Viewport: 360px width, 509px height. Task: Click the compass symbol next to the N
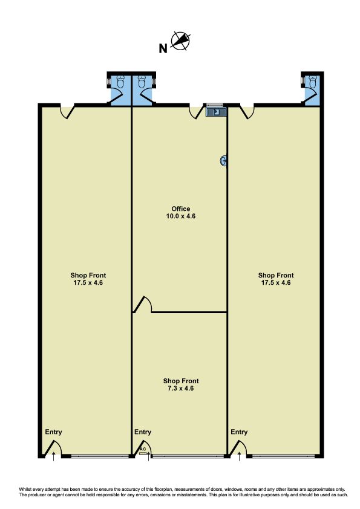(x=180, y=41)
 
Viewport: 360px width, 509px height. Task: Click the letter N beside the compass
(x=163, y=48)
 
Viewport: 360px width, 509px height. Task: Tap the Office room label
(x=181, y=209)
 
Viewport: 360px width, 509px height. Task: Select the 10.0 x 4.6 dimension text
(x=181, y=216)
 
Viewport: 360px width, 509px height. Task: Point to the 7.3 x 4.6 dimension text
(x=181, y=388)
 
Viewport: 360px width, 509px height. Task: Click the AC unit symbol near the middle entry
(x=143, y=453)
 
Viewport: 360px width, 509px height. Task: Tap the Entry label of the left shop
(x=53, y=432)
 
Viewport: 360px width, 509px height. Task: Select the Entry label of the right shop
(x=239, y=432)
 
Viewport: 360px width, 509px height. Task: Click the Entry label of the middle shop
(x=143, y=432)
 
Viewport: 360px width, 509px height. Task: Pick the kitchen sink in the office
(x=215, y=112)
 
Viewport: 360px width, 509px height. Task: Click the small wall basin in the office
(x=223, y=160)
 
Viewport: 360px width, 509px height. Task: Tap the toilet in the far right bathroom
(x=312, y=82)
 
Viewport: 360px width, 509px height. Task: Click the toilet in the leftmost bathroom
(x=120, y=82)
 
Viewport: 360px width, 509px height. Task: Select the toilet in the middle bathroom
(x=142, y=82)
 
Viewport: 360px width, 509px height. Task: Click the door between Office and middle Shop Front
(x=143, y=305)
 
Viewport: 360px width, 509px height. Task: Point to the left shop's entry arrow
(x=54, y=456)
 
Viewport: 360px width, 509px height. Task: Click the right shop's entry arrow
(x=240, y=456)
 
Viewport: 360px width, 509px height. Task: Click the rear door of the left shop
(x=68, y=112)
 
